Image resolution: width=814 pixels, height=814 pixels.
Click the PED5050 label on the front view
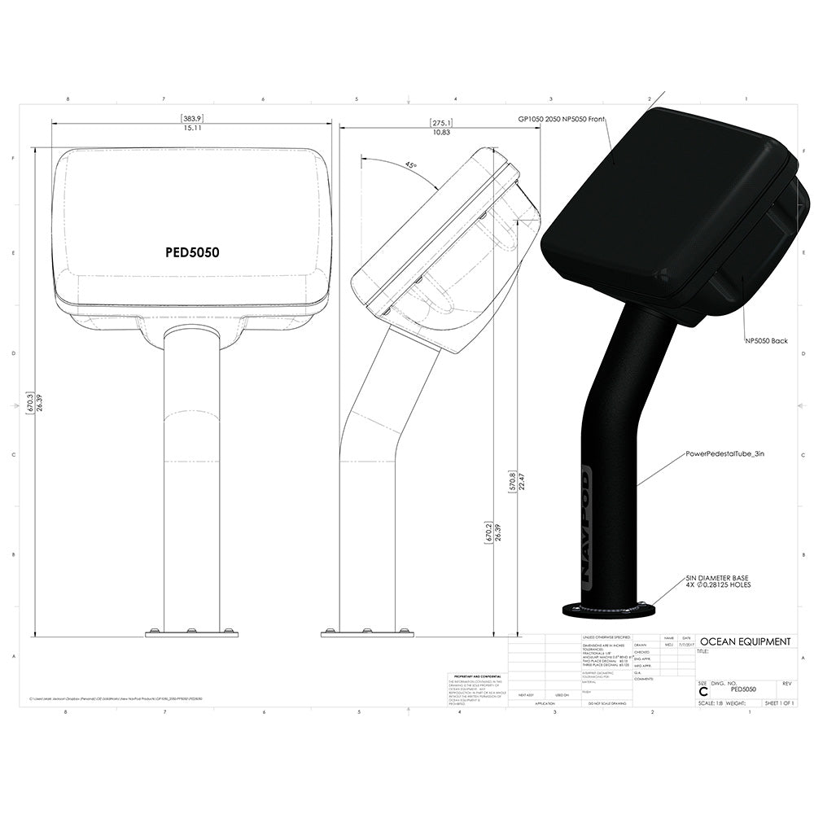point(192,252)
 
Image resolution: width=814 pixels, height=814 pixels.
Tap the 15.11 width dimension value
point(192,128)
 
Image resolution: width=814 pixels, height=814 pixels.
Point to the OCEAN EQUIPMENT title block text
point(745,641)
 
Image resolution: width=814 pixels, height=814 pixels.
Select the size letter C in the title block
point(703,691)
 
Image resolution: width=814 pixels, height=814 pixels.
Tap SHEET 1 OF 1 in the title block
point(777,702)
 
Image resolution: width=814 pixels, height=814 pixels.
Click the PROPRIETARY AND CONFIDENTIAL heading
point(476,676)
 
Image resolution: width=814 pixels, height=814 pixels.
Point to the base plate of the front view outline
point(191,632)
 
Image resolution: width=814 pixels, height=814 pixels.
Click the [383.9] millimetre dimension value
point(192,118)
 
